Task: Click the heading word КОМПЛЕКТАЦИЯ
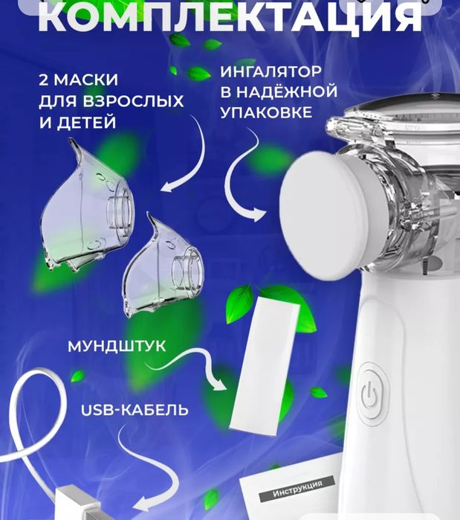(229, 16)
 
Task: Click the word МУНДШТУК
(117, 347)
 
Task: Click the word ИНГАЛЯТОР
(271, 73)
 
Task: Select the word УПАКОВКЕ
(265, 115)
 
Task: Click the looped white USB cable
(30, 431)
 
